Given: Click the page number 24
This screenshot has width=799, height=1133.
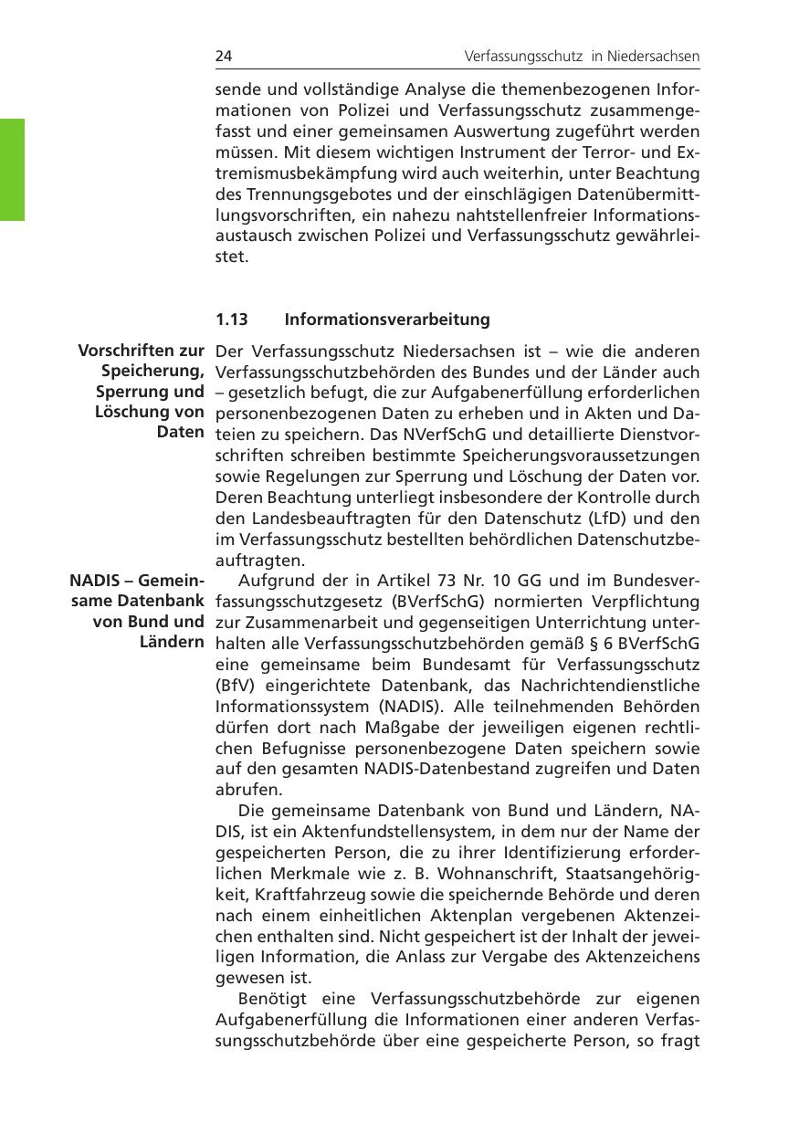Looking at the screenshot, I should tap(223, 57).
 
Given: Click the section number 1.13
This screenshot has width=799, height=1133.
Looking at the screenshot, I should tap(232, 320).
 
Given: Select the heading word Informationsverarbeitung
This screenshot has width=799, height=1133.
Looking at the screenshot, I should tap(387, 320).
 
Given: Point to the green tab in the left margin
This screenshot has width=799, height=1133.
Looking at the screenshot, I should tap(12, 169).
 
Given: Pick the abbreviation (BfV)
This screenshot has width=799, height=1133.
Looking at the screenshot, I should tap(233, 685).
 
